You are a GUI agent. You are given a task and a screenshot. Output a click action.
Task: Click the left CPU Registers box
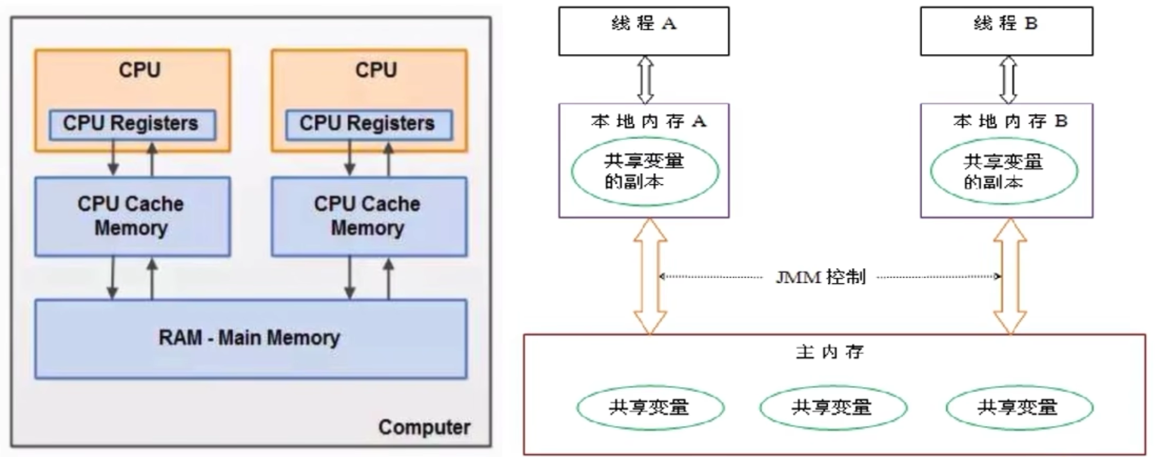tap(132, 124)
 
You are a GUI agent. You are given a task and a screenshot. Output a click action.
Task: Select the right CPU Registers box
tap(369, 124)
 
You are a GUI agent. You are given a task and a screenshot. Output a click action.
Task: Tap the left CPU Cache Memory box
tap(132, 216)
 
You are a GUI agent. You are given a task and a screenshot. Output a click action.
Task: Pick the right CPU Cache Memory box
tap(369, 216)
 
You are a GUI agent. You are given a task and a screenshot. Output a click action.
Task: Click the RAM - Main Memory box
tap(250, 338)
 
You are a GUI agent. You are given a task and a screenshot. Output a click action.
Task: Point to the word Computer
tap(424, 427)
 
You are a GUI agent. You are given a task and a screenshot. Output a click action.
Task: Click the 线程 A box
tap(643, 31)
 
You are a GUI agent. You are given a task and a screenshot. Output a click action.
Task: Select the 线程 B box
tap(1006, 31)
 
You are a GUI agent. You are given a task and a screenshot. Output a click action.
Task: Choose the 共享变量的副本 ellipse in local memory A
tap(645, 171)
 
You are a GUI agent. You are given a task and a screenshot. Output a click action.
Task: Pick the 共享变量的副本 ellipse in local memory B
tap(1004, 171)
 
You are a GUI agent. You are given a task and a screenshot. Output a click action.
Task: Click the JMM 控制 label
tap(820, 277)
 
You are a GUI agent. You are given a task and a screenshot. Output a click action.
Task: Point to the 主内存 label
tap(829, 352)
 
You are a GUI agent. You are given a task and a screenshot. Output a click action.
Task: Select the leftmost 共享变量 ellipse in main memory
tap(650, 408)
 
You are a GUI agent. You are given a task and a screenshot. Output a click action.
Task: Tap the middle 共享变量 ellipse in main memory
tap(833, 408)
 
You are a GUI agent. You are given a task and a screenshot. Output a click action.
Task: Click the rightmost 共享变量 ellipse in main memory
tap(1019, 408)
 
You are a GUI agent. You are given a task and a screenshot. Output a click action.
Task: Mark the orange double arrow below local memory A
tap(650, 276)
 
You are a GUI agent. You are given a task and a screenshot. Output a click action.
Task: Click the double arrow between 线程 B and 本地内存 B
tap(1008, 79)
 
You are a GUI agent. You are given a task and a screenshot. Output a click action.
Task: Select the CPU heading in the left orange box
tap(139, 70)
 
